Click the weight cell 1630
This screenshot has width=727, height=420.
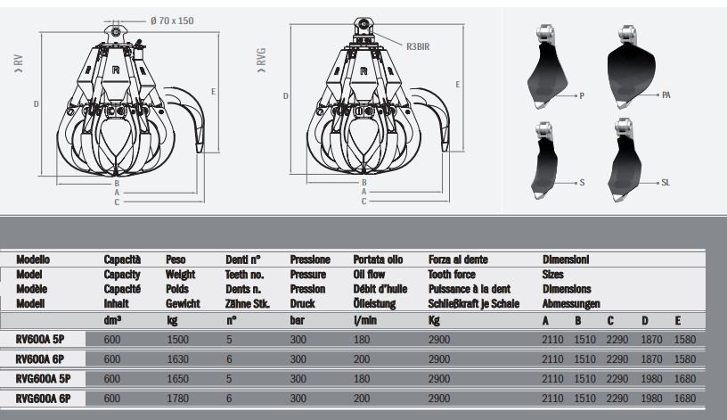[x=178, y=358]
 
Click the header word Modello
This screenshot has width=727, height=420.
[x=35, y=259]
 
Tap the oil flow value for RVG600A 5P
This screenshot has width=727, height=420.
[x=363, y=378]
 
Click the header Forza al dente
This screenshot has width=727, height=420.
[x=457, y=259]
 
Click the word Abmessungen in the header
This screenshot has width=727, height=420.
[x=570, y=303]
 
